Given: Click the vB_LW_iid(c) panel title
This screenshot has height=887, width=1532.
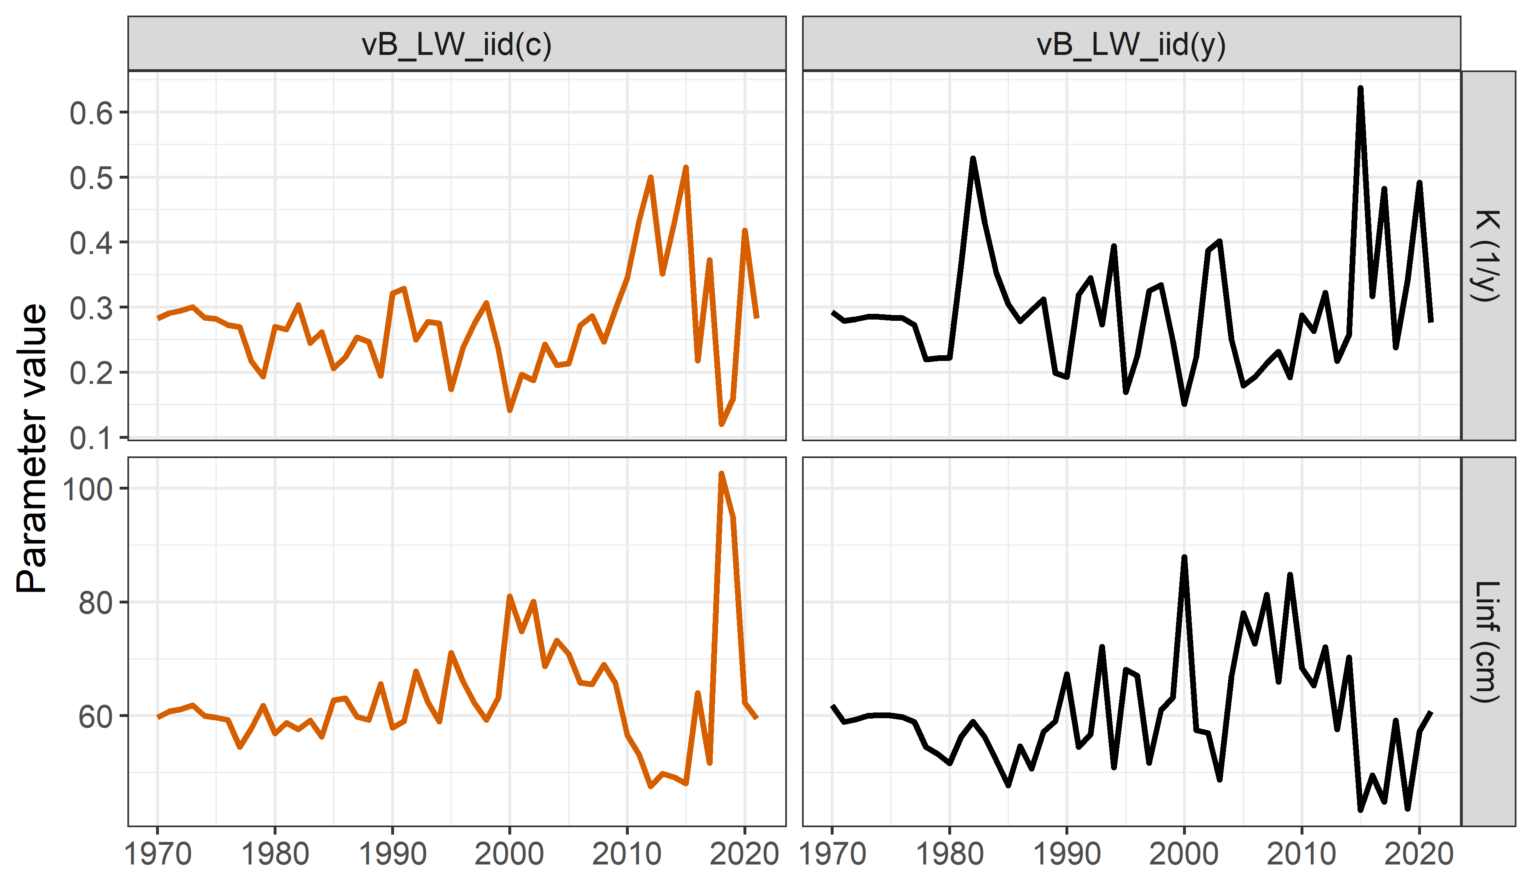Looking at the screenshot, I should pos(457,44).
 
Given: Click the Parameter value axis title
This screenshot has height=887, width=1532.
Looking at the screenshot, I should pos(32,448).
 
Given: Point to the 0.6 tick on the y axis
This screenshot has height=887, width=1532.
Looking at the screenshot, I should pos(91,113).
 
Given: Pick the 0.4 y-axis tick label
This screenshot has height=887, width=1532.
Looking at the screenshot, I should pos(91,243).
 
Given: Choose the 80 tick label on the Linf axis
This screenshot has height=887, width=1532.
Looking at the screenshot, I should pos(95,603).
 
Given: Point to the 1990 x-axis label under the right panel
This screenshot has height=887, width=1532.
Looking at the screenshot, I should pos(1067,854).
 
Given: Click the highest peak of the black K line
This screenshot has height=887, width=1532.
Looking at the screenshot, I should pos(1360,89).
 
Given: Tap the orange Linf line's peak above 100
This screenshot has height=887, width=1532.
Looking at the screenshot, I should pos(722,474).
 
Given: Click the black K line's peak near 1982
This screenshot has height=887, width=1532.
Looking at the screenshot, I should pos(973,159).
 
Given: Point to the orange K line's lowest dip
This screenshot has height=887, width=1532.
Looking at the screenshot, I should pos(722,424).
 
